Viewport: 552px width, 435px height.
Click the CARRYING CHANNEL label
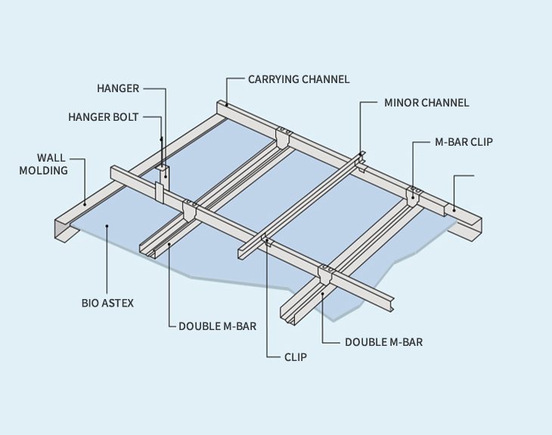(x=299, y=79)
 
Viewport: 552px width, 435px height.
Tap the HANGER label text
(x=118, y=88)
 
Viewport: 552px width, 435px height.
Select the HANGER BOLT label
(x=104, y=117)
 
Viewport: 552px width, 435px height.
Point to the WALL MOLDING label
(x=52, y=164)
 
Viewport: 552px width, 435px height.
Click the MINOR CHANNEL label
(x=426, y=103)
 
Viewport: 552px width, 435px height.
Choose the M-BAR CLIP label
(x=464, y=141)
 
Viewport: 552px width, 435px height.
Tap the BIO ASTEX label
(x=107, y=303)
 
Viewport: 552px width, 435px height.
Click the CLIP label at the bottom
(x=295, y=356)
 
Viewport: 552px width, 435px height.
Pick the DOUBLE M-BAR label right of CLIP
(x=383, y=342)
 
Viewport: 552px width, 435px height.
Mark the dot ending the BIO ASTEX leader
(x=107, y=224)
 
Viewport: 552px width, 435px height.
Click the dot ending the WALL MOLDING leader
(x=85, y=202)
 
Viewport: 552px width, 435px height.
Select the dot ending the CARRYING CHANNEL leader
(x=226, y=104)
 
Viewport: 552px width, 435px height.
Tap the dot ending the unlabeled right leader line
(x=454, y=209)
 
